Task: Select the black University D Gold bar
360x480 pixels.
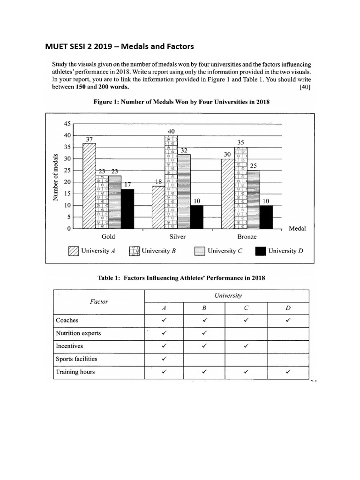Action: click(x=127, y=209)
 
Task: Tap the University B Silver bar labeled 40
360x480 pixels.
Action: click(x=171, y=182)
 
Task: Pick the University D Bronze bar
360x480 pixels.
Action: click(x=266, y=217)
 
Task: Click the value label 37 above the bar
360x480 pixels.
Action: click(x=89, y=139)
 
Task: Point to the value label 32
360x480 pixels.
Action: click(x=184, y=150)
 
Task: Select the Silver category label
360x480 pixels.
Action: click(x=178, y=237)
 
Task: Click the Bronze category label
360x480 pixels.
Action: click(x=247, y=237)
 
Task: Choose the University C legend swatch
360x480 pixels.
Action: click(x=200, y=251)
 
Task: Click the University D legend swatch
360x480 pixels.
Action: click(x=260, y=251)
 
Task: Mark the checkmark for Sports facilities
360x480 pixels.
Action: click(x=164, y=359)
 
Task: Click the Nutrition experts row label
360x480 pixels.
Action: click(x=78, y=333)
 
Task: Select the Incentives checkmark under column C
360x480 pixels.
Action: click(x=246, y=346)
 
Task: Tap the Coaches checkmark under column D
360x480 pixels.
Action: click(x=288, y=321)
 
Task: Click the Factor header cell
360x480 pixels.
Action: click(x=98, y=301)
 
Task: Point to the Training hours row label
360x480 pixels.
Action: click(x=75, y=372)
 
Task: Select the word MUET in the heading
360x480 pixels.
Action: click(x=56, y=46)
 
